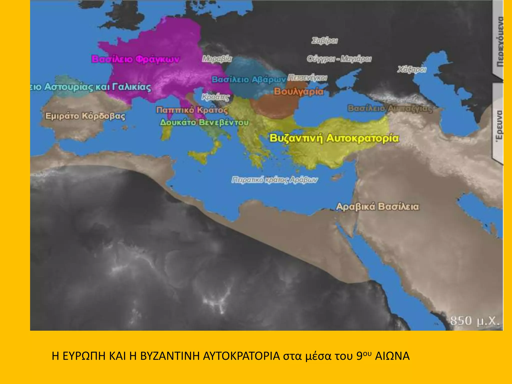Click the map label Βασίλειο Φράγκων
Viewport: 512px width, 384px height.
tap(136, 59)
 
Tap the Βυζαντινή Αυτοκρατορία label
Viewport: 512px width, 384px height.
tap(334, 138)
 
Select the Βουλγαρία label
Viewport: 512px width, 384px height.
tap(298, 91)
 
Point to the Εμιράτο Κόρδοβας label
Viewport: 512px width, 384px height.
tap(85, 116)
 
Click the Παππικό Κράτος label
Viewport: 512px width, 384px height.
tap(192, 110)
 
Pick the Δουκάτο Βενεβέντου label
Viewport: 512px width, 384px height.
tap(204, 122)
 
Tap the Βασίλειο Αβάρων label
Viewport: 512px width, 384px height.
tap(249, 80)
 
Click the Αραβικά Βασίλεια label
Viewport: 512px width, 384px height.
tap(377, 207)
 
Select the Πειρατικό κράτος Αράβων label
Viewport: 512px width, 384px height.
tap(274, 180)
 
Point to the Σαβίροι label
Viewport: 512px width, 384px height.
tap(324, 41)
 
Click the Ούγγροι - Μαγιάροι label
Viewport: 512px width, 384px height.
tap(339, 59)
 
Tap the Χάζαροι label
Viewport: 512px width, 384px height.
tap(411, 69)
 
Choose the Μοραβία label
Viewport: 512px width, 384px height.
tap(217, 59)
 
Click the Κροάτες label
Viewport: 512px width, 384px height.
tap(215, 97)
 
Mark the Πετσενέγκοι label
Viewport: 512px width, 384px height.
tap(307, 78)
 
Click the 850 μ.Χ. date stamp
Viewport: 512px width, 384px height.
tap(474, 320)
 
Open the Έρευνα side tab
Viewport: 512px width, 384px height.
tap(499, 125)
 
